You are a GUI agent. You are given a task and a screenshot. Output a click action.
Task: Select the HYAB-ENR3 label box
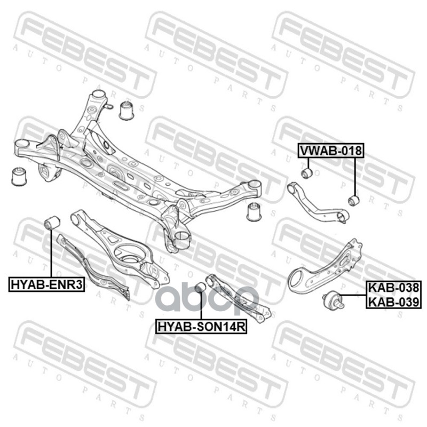(x=47, y=284)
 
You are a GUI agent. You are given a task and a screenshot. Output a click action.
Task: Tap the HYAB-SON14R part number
(x=201, y=326)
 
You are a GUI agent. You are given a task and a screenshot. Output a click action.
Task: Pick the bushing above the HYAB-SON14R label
(x=201, y=288)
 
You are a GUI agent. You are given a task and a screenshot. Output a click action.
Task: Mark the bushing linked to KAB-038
(x=332, y=301)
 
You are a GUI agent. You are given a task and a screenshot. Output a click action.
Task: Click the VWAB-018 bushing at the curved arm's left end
(x=306, y=173)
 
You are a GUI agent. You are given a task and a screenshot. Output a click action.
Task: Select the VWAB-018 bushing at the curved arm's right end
(x=353, y=200)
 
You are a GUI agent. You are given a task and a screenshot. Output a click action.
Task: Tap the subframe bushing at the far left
(x=19, y=176)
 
